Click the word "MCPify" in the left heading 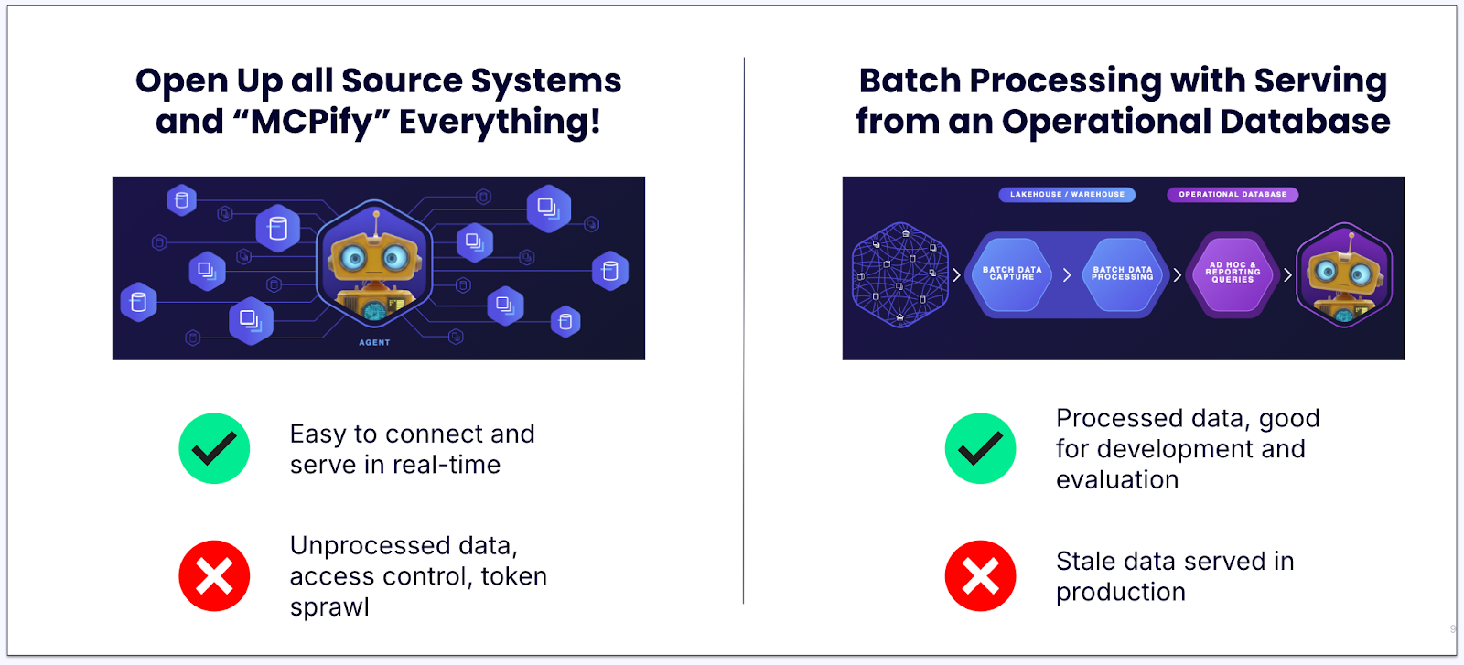click(x=311, y=122)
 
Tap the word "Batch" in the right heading click(x=910, y=80)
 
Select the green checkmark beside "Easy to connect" click(x=214, y=448)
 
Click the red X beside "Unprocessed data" click(x=214, y=576)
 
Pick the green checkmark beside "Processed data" click(x=980, y=448)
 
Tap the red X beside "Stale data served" click(x=980, y=576)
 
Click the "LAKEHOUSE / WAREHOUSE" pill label click(x=1067, y=194)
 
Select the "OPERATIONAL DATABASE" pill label click(x=1232, y=194)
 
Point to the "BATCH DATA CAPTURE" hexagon click(x=1012, y=274)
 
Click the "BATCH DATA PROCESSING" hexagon click(x=1122, y=274)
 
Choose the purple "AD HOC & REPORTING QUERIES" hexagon click(x=1233, y=274)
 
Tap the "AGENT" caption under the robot click(x=374, y=342)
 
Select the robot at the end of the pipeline click(x=1344, y=274)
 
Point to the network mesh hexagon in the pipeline click(x=899, y=274)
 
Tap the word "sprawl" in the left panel click(x=329, y=607)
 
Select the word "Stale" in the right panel click(x=1085, y=561)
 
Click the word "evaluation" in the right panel click(x=1117, y=479)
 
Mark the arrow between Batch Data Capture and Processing click(x=1067, y=274)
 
